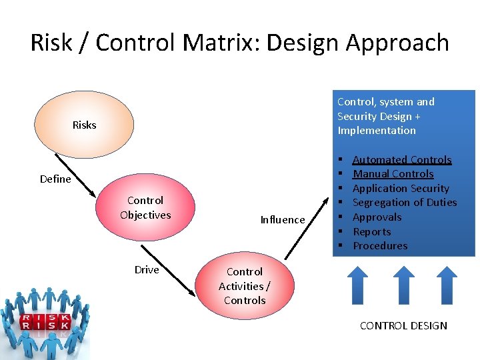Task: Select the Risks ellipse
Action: pos(85,125)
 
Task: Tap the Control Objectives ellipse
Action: pos(145,207)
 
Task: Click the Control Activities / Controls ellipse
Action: pos(245,286)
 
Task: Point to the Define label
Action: pos(55,179)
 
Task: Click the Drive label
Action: pos(147,269)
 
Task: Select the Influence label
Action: pos(283,219)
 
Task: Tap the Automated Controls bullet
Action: pos(401,159)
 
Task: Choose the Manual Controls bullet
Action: pos(393,174)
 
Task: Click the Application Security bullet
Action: pos(401,189)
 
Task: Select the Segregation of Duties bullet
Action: pos(404,203)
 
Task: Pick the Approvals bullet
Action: pos(377,217)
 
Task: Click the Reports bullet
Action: pos(371,232)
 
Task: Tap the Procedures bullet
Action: pos(380,246)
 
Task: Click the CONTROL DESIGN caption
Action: pos(403,325)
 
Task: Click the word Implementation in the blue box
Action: pos(377,131)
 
